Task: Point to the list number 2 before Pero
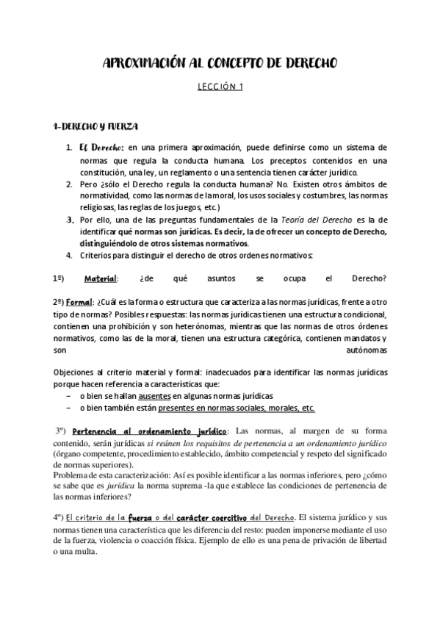tap(69, 185)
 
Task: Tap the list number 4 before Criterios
tap(69, 255)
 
